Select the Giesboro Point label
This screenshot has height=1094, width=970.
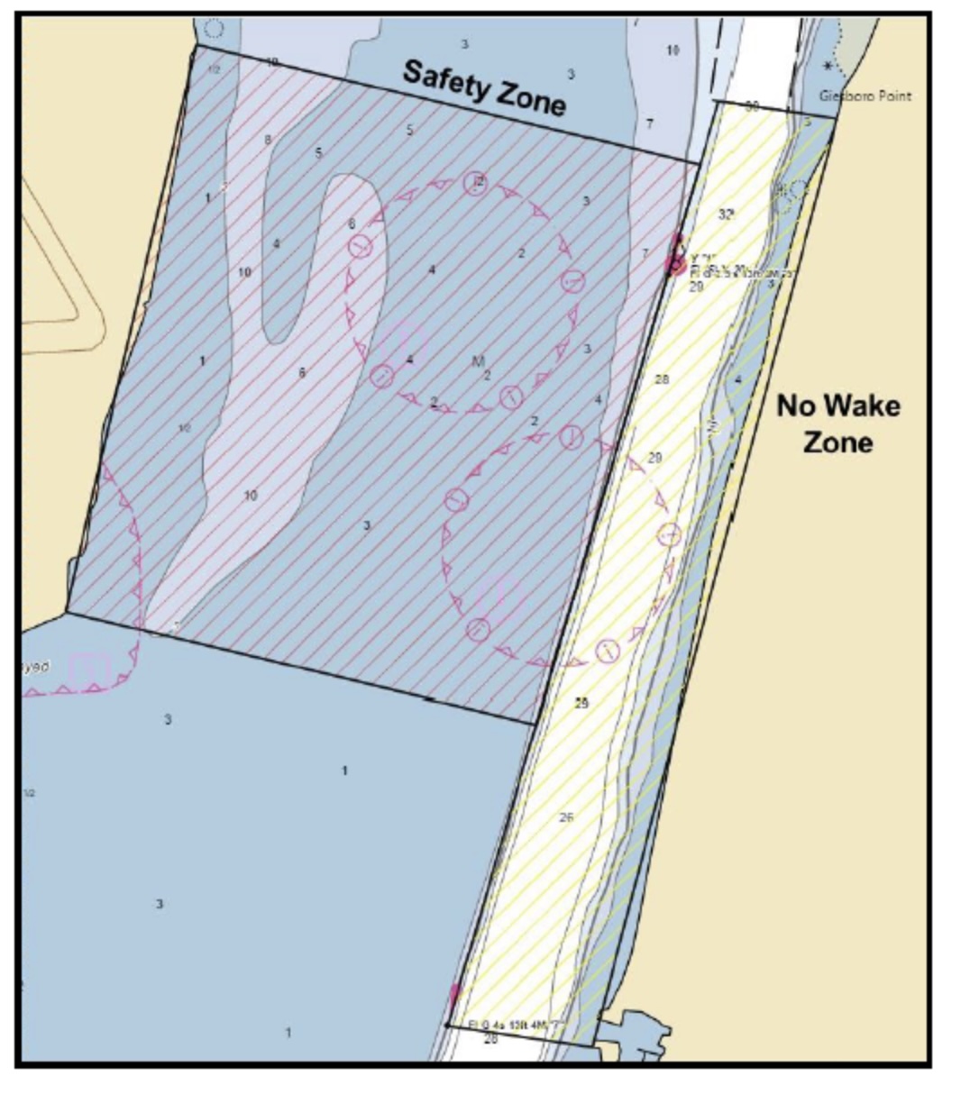(x=865, y=96)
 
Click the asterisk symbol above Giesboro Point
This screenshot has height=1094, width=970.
(x=828, y=66)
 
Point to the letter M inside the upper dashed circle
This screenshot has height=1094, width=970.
(x=479, y=361)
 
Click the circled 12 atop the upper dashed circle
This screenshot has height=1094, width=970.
(x=476, y=183)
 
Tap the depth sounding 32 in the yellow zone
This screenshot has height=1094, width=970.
(x=726, y=214)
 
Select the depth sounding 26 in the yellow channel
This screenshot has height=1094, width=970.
(x=566, y=817)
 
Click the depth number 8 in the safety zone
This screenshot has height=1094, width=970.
(x=267, y=139)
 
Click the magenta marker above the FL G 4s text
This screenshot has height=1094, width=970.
(x=454, y=993)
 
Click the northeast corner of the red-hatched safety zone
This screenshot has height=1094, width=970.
(x=700, y=164)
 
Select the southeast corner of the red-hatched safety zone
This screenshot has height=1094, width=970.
(x=532, y=724)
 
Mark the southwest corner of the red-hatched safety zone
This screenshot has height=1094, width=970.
(x=68, y=613)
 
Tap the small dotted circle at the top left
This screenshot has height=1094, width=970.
(x=214, y=28)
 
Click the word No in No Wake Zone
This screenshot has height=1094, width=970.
(x=796, y=406)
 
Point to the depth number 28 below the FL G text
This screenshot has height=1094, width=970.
(x=491, y=1040)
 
